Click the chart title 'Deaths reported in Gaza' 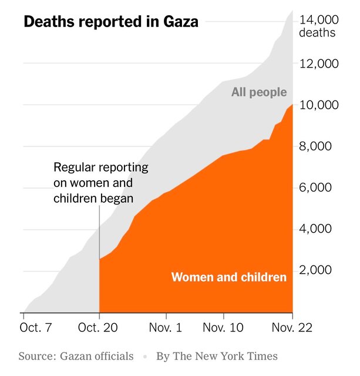tap(111, 22)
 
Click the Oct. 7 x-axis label tap(36, 327)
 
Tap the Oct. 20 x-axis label tap(99, 327)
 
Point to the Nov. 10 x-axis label tap(223, 327)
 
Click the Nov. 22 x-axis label tap(291, 327)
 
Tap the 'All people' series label tap(259, 92)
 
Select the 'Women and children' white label tap(229, 277)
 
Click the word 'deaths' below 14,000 tap(317, 33)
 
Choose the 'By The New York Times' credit tap(217, 356)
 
